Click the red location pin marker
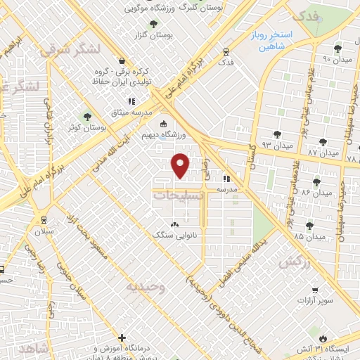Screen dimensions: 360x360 click(x=181, y=165)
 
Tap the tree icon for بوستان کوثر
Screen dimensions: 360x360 click(x=88, y=117)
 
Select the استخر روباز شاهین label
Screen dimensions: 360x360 click(x=281, y=39)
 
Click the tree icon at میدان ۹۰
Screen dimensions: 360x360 click(x=338, y=49)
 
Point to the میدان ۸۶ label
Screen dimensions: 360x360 click(x=316, y=192)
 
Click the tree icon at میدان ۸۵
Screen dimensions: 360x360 click(x=309, y=226)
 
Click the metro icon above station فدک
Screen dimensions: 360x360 click(x=226, y=51)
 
